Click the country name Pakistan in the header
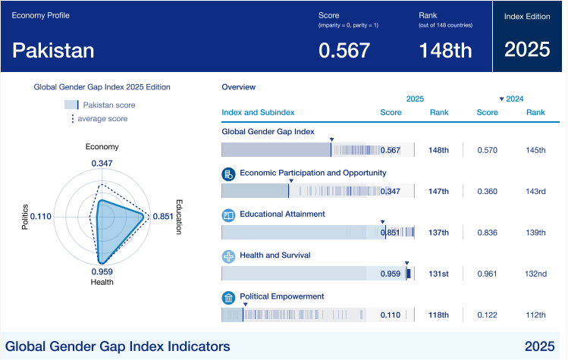pyautogui.click(x=53, y=50)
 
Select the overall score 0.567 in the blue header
pyautogui.click(x=344, y=50)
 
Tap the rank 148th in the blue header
pyautogui.click(x=445, y=50)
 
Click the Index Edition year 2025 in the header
pyautogui.click(x=527, y=50)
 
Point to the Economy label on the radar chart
pyautogui.click(x=102, y=147)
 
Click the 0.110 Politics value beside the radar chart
pyautogui.click(x=40, y=217)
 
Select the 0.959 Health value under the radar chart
pyautogui.click(x=102, y=271)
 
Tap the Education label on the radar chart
pyautogui.click(x=179, y=217)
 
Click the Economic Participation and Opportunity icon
pyautogui.click(x=228, y=174)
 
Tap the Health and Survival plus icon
pyautogui.click(x=228, y=256)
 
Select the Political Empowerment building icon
pyautogui.click(x=228, y=297)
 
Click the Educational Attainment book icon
pyautogui.click(x=228, y=215)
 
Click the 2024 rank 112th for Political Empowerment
pyautogui.click(x=535, y=315)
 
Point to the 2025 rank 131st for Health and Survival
pyautogui.click(x=438, y=274)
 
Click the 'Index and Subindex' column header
pyautogui.click(x=258, y=113)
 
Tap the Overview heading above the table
pyautogui.click(x=238, y=87)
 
